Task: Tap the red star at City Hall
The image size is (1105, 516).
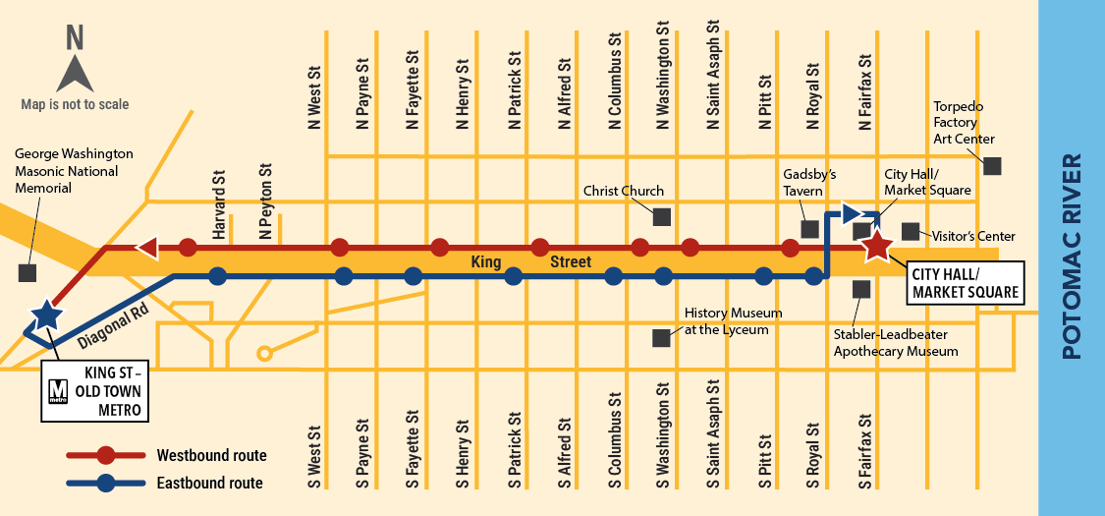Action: tap(876, 247)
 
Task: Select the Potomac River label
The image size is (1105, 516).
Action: tap(1072, 256)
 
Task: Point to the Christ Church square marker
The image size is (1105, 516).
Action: tap(661, 216)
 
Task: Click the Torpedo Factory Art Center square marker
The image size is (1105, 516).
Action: tap(993, 166)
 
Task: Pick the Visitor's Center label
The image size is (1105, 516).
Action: tap(972, 236)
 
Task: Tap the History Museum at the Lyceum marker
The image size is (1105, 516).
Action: tap(661, 337)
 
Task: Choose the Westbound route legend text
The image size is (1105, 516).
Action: tap(211, 455)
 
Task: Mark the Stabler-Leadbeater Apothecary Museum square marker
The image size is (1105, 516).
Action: tap(861, 289)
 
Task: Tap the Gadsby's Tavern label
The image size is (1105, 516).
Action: tap(809, 182)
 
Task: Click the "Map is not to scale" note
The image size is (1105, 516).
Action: tap(75, 104)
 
